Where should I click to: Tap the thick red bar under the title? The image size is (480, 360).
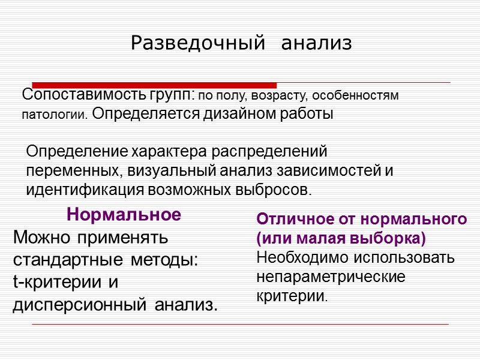click(x=154, y=85)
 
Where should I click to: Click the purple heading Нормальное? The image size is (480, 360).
click(x=124, y=214)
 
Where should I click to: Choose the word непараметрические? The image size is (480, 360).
click(x=331, y=277)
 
